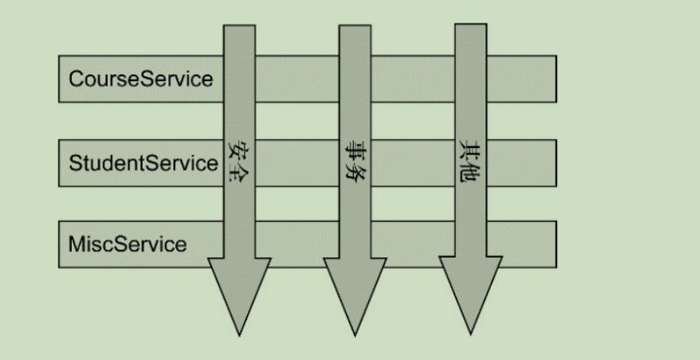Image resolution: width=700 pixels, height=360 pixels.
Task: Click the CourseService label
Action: (141, 79)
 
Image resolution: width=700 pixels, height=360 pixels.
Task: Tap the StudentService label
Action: (144, 163)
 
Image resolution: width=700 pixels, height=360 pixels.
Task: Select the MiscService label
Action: (128, 244)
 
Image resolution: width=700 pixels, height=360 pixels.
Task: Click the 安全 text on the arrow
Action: (238, 161)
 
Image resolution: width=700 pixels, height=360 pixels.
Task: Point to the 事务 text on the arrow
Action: (355, 160)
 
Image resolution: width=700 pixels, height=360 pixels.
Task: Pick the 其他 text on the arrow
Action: (470, 161)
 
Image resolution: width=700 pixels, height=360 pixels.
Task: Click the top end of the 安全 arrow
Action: (239, 25)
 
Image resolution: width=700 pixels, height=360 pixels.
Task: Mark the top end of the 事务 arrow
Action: (355, 25)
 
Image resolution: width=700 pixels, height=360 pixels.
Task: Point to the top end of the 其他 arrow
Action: (470, 25)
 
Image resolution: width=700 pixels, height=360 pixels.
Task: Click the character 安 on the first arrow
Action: (238, 151)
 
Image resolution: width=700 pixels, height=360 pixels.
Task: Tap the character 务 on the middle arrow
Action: (355, 172)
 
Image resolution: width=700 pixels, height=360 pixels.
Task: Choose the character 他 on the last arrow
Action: (470, 173)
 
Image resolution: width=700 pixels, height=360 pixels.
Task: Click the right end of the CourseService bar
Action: (555, 79)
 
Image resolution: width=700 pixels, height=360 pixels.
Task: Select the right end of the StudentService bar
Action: (555, 163)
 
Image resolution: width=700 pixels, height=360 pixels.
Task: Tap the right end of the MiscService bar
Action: (555, 244)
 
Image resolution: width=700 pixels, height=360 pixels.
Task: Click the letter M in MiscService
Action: (76, 244)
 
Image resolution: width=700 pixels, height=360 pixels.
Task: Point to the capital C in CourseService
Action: (76, 79)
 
